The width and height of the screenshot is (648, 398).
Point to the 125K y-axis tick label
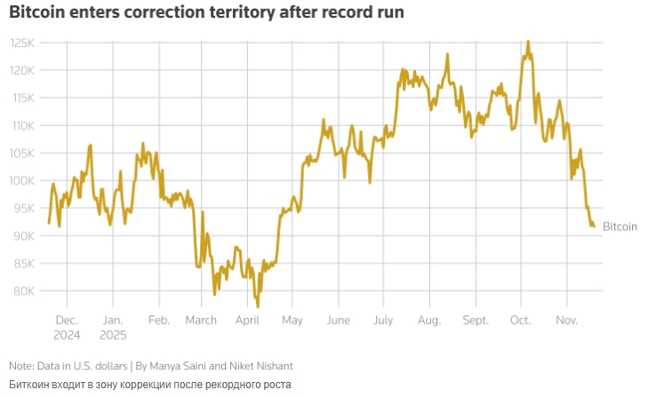(22, 43)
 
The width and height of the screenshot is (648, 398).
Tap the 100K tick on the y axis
(22, 180)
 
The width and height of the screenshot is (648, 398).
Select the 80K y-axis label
(22, 291)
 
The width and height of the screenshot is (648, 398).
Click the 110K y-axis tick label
(22, 125)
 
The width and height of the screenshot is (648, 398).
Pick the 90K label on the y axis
(22, 235)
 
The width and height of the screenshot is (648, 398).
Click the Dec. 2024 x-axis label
(67, 327)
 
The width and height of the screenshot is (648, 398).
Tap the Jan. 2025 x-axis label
(113, 327)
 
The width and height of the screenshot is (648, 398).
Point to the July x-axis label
(384, 320)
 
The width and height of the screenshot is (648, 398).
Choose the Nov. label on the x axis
(567, 320)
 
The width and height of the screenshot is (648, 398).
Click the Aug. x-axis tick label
(429, 320)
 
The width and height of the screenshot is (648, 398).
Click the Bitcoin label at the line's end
(620, 227)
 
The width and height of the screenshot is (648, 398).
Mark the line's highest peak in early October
(528, 41)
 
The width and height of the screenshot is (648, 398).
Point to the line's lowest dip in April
(258, 306)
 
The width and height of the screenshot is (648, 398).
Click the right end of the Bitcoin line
(594, 226)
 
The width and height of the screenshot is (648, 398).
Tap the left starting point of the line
(49, 222)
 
